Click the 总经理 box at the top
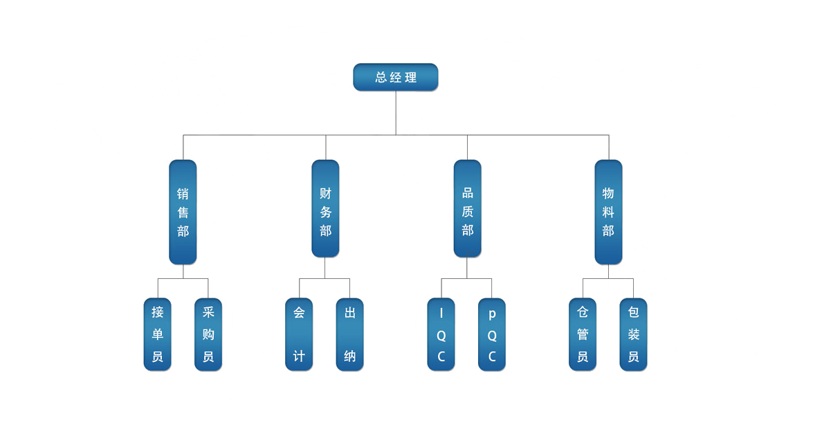pos(396,78)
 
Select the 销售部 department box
pos(183,212)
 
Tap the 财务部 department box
pos(326,208)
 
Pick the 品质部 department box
pos(468,208)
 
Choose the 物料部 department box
pos(609,212)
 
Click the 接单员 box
pos(158,335)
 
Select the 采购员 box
pos(208,335)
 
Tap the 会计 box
pos(299,335)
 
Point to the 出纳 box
pos(350,335)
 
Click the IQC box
pos(441,335)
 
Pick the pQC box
pos(492,335)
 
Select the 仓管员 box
pos(583,335)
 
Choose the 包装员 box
pos(634,335)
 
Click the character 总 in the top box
pos(381,78)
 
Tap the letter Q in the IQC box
pos(441,336)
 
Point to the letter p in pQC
pos(492,314)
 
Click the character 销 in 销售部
pos(183,194)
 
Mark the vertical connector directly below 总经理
pos(396,113)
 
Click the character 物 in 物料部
pos(609,194)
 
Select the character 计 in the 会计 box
pos(299,356)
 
